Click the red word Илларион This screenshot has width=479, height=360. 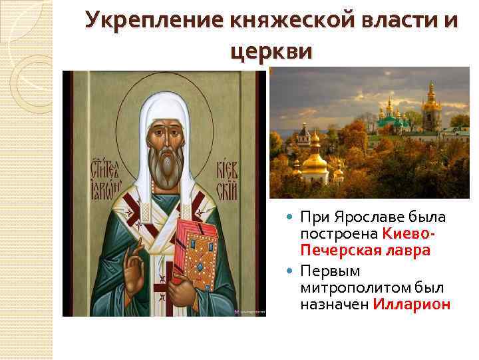412,304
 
